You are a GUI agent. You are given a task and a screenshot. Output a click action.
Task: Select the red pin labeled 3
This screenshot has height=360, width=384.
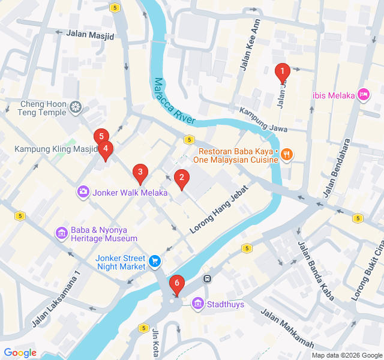point(140,174)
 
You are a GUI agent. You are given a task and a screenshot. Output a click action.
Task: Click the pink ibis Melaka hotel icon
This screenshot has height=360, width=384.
point(363,95)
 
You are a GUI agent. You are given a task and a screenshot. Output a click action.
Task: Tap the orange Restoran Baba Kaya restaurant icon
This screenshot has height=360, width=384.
point(287,154)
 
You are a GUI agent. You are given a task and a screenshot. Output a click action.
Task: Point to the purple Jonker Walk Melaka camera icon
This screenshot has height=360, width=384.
point(83,192)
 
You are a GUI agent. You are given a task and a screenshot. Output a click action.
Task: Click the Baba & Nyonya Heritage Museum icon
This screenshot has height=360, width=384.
point(61,233)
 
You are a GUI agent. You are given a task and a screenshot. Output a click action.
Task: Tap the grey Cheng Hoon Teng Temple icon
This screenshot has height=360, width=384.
point(76,107)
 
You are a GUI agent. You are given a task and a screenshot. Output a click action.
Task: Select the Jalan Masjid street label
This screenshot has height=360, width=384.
point(91,35)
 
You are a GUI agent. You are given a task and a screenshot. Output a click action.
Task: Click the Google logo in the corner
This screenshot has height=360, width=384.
point(20,353)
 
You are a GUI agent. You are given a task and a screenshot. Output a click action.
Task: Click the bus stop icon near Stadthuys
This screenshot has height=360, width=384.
point(207,278)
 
